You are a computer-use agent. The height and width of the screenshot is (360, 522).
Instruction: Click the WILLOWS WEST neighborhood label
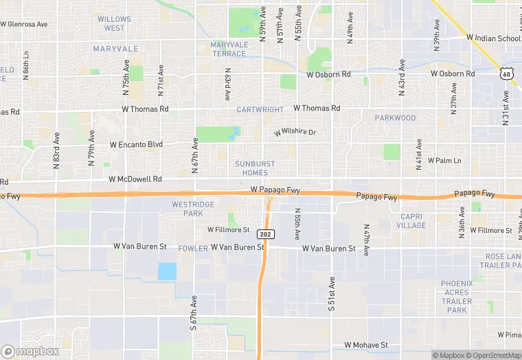(115, 23)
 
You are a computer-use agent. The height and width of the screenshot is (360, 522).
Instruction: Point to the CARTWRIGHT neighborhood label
(260, 109)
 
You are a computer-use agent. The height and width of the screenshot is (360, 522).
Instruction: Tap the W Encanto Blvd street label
(136, 144)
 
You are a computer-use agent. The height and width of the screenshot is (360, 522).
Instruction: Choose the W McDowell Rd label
(135, 179)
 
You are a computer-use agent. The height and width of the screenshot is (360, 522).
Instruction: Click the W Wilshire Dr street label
(295, 132)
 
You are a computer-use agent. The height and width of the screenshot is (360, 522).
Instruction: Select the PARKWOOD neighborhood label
(395, 118)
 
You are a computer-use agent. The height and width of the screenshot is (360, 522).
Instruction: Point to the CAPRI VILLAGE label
(411, 220)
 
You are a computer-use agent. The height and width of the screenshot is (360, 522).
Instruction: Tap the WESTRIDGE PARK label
(193, 209)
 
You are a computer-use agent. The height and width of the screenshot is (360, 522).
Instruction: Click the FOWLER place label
(192, 247)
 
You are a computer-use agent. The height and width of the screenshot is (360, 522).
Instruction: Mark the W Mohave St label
(366, 345)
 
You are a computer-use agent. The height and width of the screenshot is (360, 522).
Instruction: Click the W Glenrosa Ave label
(24, 23)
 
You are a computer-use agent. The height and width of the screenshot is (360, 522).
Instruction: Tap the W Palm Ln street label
(444, 160)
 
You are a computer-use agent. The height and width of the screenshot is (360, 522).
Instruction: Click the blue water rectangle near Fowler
(167, 271)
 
